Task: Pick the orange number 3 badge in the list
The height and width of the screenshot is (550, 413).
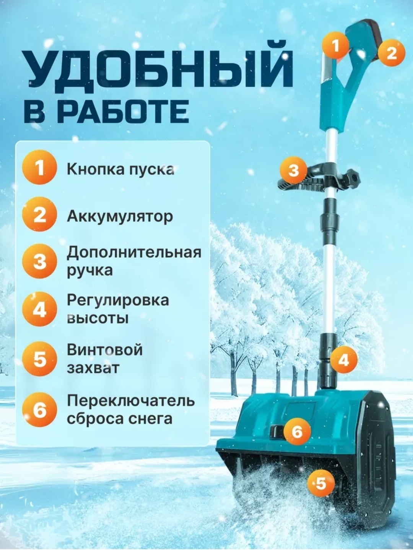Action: tap(39, 263)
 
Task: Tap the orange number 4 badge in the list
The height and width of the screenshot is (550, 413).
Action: tap(39, 310)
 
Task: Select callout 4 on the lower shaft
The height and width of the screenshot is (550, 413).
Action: tap(343, 360)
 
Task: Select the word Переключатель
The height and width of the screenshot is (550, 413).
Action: tap(130, 401)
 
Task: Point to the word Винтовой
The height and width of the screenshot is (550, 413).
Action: tap(104, 350)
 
